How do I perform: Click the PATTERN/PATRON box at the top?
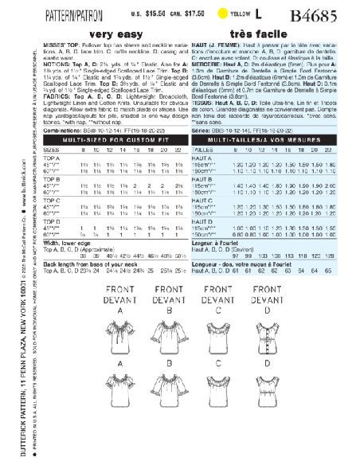[x=65, y=14]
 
